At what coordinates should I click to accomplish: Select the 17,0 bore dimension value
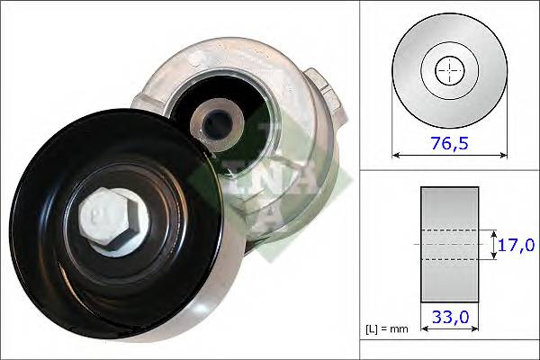pyautogui.click(x=517, y=244)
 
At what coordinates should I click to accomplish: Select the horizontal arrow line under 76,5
pyautogui.click(x=450, y=154)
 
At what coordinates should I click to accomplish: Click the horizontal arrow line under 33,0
pyautogui.click(x=451, y=330)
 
